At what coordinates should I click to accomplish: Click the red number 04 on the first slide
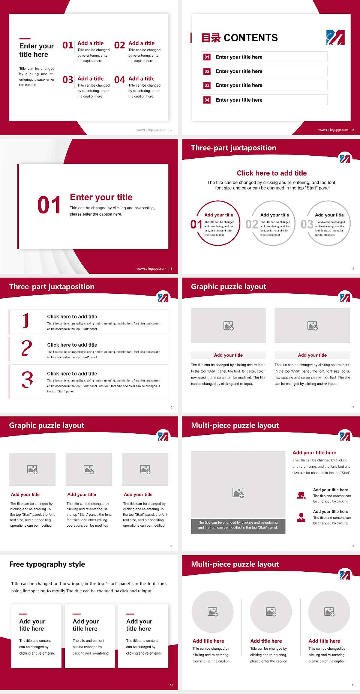(120, 80)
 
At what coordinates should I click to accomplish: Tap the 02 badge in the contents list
(207, 71)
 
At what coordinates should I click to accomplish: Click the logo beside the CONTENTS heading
(335, 38)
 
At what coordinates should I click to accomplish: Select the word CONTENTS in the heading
(250, 38)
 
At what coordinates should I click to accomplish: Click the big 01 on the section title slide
(49, 205)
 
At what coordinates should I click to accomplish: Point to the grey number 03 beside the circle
(307, 224)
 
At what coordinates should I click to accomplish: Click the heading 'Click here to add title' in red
(271, 173)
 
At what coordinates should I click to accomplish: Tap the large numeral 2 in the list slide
(27, 348)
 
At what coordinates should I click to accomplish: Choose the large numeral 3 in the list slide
(27, 380)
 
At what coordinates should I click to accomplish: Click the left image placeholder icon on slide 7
(228, 326)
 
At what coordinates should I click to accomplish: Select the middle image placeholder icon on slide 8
(89, 469)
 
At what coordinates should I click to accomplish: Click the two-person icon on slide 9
(301, 495)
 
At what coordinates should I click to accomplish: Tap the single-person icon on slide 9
(301, 517)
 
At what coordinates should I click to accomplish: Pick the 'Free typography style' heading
(47, 564)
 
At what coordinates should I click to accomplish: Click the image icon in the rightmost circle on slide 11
(329, 612)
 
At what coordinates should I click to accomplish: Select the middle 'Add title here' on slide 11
(266, 641)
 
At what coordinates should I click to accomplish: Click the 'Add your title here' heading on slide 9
(314, 453)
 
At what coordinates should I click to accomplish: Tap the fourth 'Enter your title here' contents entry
(239, 100)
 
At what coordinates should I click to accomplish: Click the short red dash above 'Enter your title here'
(25, 39)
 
